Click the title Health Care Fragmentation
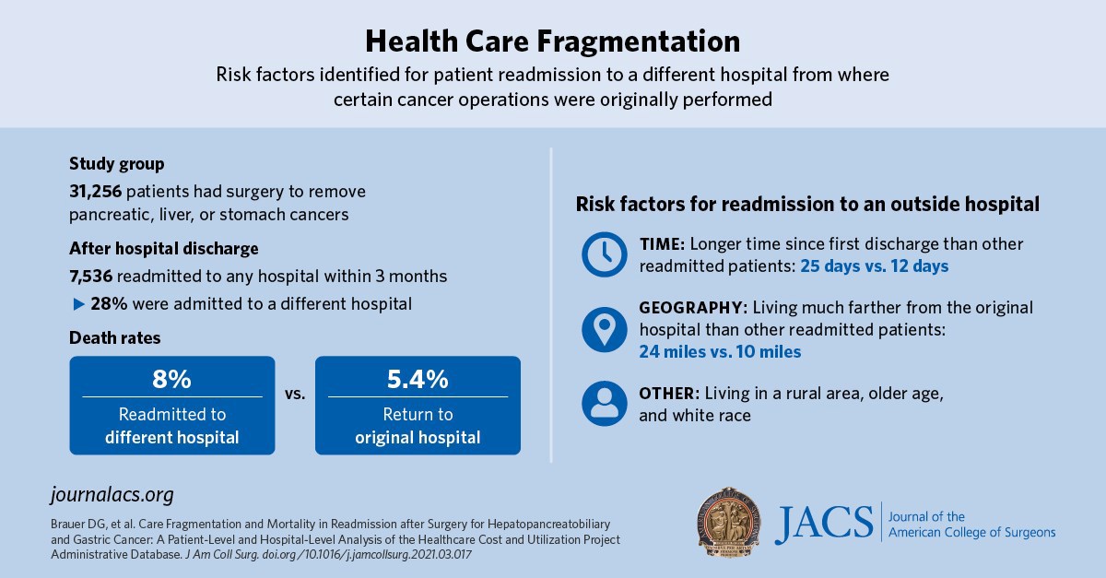(x=552, y=41)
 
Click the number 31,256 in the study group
(x=96, y=192)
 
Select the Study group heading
(x=116, y=164)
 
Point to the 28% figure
(x=108, y=303)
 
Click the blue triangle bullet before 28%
(x=76, y=303)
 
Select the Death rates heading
(x=114, y=338)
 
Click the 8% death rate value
(x=172, y=379)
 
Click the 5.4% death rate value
(x=418, y=379)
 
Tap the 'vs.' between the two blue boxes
(x=295, y=394)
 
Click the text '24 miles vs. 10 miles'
(x=720, y=351)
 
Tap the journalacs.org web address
(x=112, y=494)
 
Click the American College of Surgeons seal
(x=729, y=521)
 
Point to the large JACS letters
(x=823, y=523)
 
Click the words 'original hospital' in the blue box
(x=418, y=437)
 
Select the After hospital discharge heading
(x=163, y=248)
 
